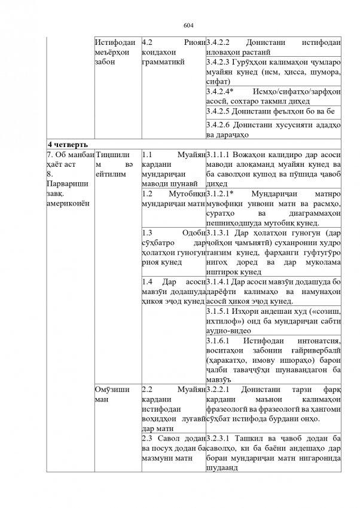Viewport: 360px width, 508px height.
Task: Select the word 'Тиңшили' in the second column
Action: point(111,155)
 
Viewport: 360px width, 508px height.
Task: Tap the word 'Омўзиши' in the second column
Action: point(112,388)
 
